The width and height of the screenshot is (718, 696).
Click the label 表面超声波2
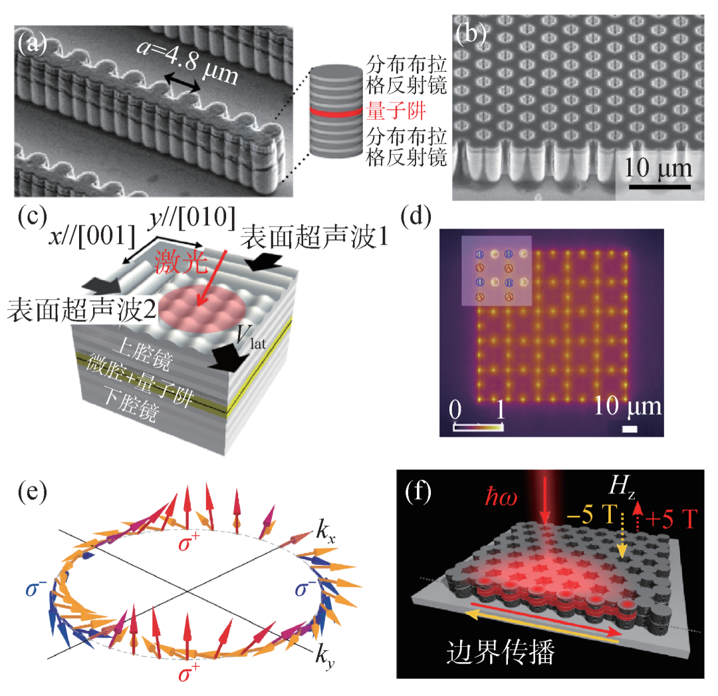[72, 310]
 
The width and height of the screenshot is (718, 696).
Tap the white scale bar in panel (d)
[630, 429]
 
